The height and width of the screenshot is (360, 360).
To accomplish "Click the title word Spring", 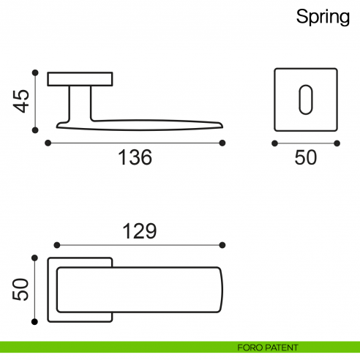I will click(323, 17).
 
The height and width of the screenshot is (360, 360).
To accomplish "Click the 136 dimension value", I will click(135, 157).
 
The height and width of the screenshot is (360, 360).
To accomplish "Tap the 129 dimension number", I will click(139, 231).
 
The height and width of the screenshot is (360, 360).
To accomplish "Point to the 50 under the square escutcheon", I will click(306, 157).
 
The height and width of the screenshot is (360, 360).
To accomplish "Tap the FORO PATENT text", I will click(268, 348).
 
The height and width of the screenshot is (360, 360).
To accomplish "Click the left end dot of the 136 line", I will click(48, 143).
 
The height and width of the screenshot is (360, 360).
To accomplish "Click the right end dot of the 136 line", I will click(223, 143).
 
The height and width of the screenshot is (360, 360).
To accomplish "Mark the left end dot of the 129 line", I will click(57, 245).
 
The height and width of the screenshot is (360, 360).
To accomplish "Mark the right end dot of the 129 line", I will click(223, 245).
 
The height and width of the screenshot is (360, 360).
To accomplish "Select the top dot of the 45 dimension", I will click(35, 72).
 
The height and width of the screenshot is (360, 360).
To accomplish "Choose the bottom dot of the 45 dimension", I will click(35, 130).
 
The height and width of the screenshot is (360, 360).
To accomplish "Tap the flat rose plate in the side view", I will click(80, 79).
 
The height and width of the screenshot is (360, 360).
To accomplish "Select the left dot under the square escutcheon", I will click(274, 143).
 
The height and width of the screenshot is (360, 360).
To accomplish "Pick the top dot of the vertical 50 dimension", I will click(35, 257).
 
